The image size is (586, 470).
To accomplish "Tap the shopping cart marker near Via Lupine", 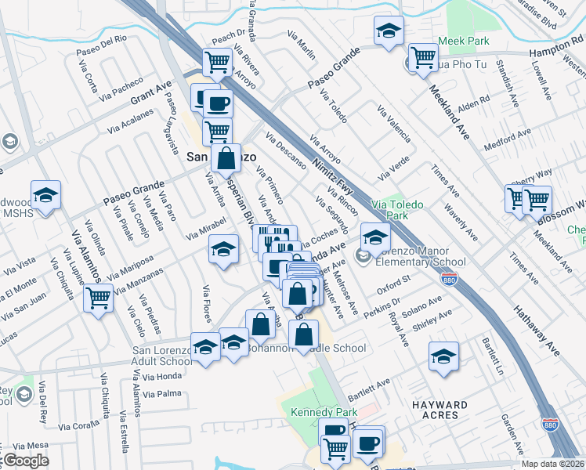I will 98,298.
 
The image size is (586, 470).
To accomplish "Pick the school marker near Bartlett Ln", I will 443,356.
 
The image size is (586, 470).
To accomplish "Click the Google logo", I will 26,461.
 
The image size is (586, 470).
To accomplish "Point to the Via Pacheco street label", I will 121,89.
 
